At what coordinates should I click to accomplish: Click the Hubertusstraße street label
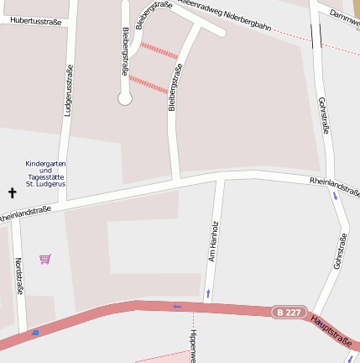click(31, 22)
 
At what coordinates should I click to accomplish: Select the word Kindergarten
click(45, 163)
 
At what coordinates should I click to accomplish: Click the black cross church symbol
click(13, 193)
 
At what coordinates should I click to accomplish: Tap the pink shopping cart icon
click(45, 259)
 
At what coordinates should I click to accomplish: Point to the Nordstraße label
click(18, 276)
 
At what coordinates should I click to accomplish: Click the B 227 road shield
click(287, 312)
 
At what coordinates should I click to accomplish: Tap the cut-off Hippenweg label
click(192, 345)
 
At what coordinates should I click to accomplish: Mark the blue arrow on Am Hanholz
click(208, 294)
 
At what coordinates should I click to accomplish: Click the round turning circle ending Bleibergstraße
click(125, 98)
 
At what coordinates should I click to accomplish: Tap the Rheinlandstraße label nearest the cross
click(25, 213)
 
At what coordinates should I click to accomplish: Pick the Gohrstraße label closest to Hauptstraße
click(340, 251)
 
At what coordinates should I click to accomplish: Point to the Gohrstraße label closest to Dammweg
click(324, 115)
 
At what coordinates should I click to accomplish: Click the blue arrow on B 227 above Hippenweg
click(177, 307)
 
